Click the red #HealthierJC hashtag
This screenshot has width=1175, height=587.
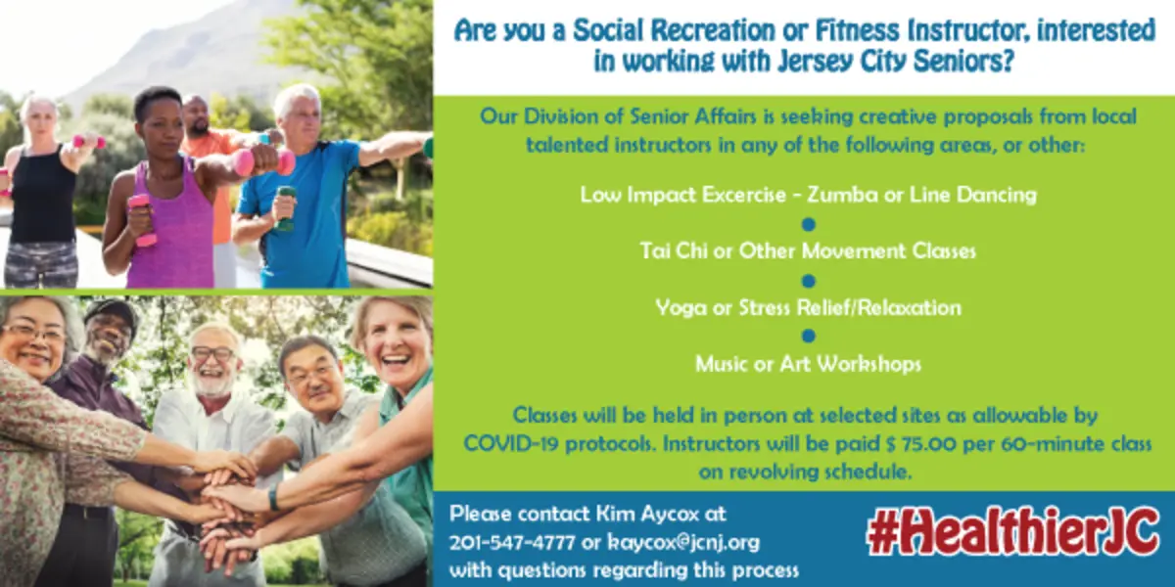point(1013,531)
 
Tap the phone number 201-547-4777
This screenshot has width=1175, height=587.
point(512,542)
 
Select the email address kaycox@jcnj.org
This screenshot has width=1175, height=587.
point(683,542)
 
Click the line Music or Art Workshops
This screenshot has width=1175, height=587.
point(809,364)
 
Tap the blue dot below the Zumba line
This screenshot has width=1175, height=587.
point(809,224)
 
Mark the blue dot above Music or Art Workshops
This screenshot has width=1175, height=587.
point(809,336)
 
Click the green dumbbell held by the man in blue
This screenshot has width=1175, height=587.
point(285,208)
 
